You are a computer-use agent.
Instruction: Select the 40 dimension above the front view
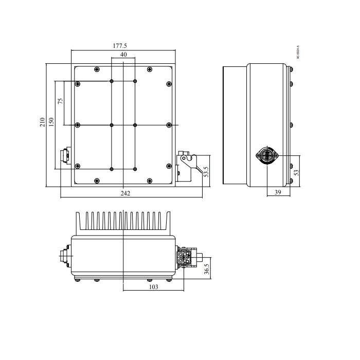pos(123,55)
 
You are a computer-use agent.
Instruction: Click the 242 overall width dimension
pos(125,193)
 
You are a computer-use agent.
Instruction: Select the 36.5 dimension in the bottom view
pos(206,269)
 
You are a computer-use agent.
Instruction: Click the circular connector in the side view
pos(267,155)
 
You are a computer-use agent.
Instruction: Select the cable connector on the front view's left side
pos(65,155)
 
